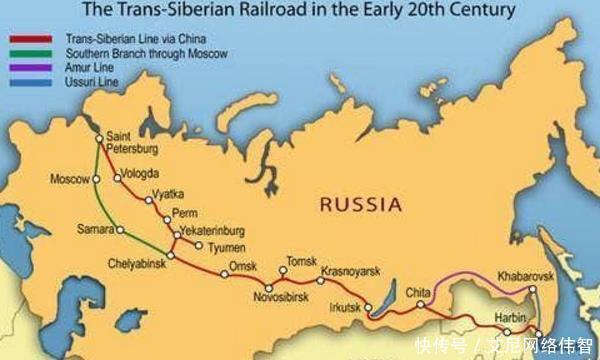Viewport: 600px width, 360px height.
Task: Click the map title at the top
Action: point(300,11)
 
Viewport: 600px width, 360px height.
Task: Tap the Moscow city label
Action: point(70,179)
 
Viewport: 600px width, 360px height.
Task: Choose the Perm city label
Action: point(184,212)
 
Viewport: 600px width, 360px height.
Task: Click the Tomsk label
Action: point(301,260)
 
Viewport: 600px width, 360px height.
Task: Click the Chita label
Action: point(418,291)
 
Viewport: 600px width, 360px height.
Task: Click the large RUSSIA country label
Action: point(360,205)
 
